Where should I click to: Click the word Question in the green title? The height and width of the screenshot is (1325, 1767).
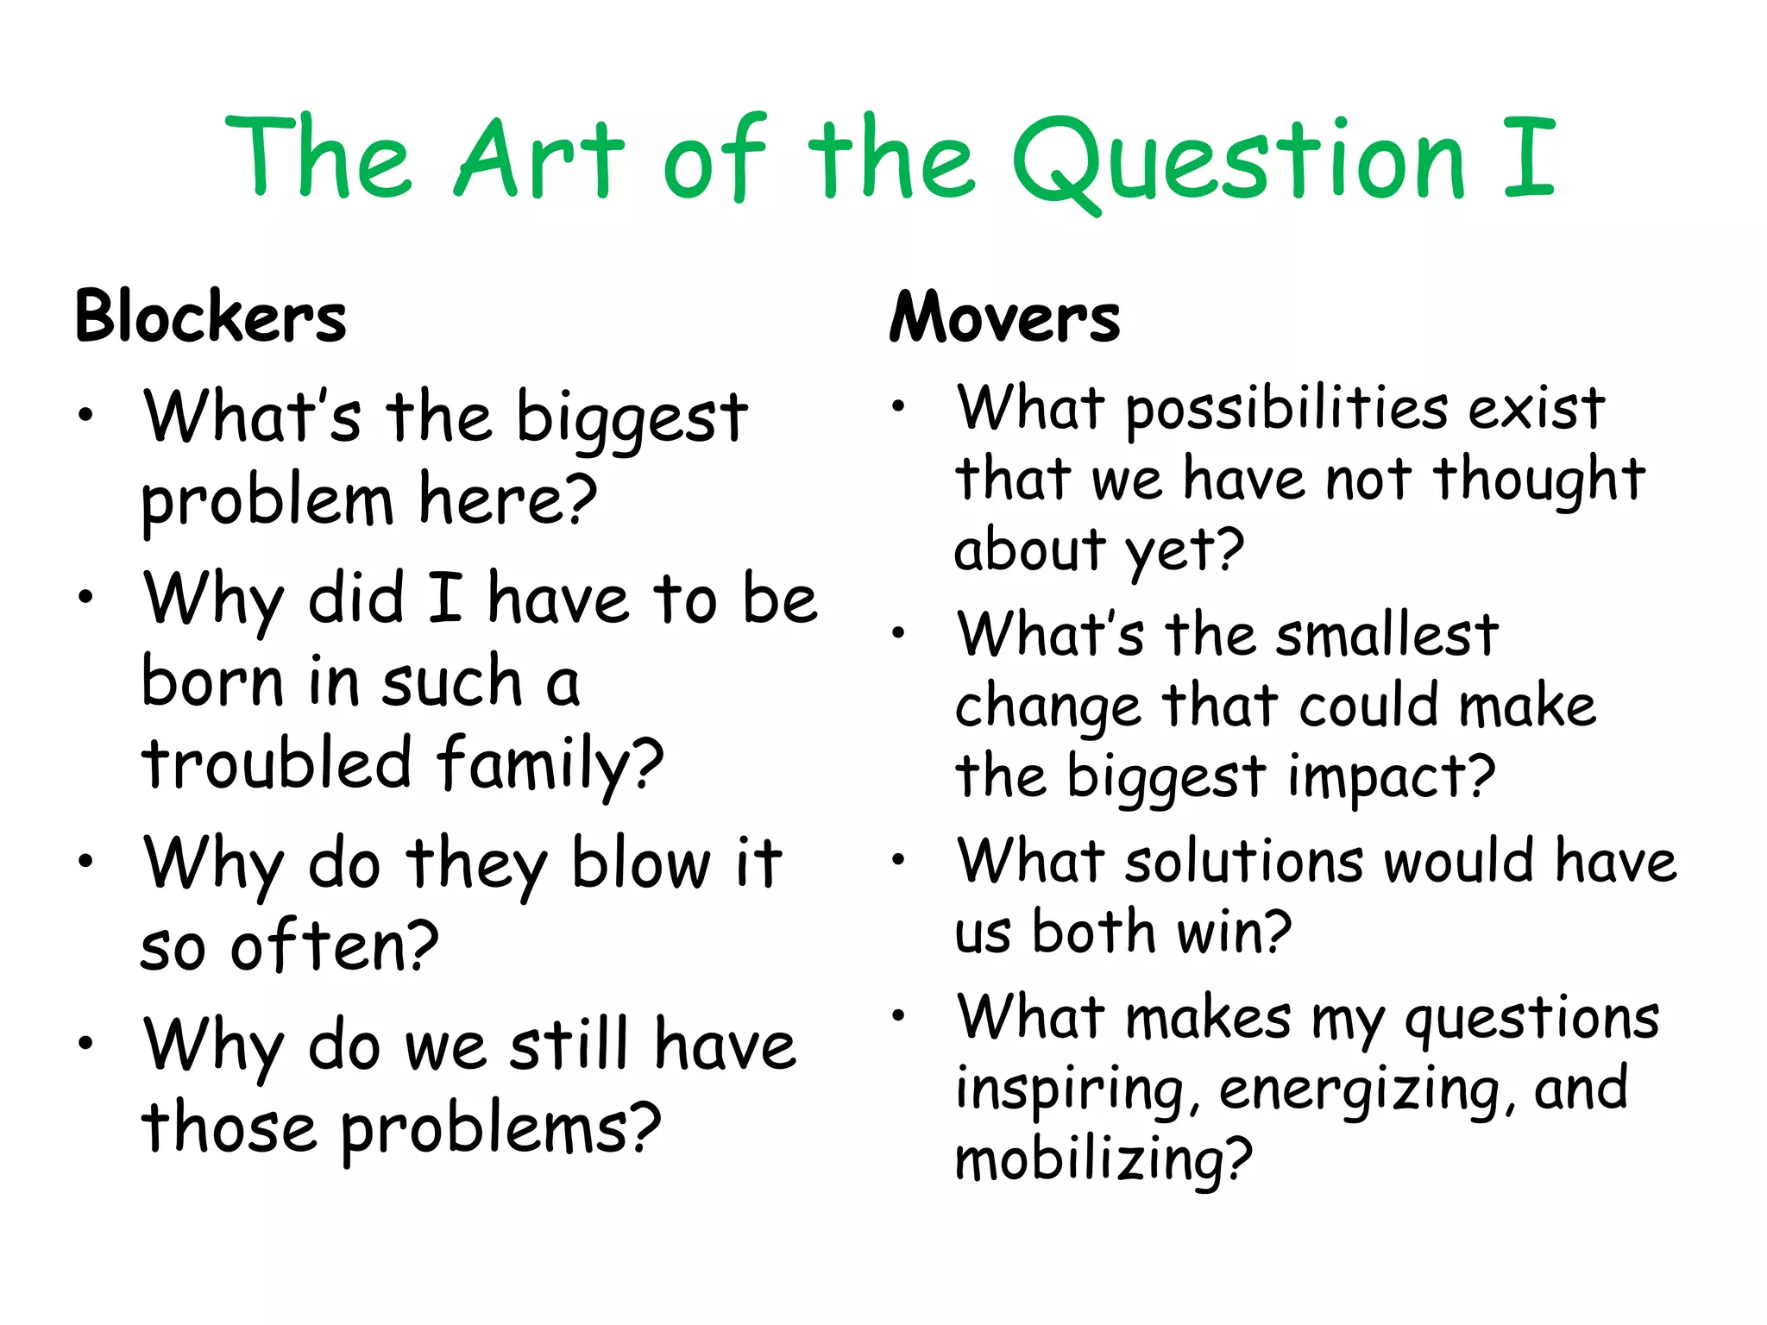[x=1239, y=160]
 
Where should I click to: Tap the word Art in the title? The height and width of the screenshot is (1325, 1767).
[x=538, y=160]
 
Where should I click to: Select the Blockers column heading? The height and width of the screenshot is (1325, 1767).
[x=211, y=317]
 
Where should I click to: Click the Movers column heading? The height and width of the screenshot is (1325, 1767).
[x=1004, y=317]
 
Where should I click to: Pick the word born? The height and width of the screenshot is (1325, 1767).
[x=212, y=681]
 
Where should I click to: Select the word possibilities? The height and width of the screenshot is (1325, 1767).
[x=1287, y=409]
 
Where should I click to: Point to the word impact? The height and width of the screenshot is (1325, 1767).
[x=1391, y=776]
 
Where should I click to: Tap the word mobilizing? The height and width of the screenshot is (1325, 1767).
[x=1103, y=1160]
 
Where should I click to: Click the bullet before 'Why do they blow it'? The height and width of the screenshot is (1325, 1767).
[x=85, y=860]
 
